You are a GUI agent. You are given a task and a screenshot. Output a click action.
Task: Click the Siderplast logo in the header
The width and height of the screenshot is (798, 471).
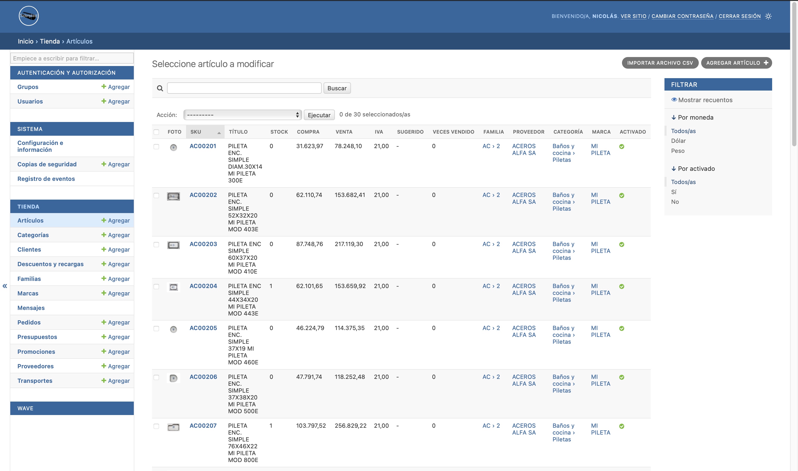pyautogui.click(x=28, y=16)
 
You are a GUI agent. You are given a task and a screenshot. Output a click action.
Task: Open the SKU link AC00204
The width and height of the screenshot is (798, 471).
pyautogui.click(x=203, y=286)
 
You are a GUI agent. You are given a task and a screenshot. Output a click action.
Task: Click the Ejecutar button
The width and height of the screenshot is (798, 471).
pyautogui.click(x=319, y=115)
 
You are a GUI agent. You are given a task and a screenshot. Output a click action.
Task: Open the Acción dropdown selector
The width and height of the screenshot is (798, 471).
pyautogui.click(x=242, y=115)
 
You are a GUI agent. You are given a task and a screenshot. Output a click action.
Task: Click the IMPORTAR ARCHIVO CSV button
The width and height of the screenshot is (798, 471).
pyautogui.click(x=660, y=63)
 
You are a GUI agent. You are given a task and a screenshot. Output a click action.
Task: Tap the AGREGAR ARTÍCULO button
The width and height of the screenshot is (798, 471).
pyautogui.click(x=737, y=63)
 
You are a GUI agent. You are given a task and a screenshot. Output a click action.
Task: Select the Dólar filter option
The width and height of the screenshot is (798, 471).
pyautogui.click(x=678, y=141)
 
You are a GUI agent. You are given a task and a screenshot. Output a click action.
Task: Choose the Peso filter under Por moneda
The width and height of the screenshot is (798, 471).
pyautogui.click(x=677, y=151)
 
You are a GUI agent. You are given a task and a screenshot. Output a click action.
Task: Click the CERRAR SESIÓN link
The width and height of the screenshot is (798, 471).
pyautogui.click(x=740, y=16)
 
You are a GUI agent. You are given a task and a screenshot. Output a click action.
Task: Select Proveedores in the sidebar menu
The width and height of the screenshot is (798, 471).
pyautogui.click(x=36, y=366)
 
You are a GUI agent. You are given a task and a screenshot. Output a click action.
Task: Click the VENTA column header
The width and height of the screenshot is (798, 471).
pyautogui.click(x=344, y=132)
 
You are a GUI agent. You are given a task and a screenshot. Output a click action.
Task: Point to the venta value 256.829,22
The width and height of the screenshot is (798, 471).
pyautogui.click(x=350, y=426)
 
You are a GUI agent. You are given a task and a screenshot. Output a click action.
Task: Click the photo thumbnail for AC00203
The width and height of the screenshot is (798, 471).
pyautogui.click(x=173, y=245)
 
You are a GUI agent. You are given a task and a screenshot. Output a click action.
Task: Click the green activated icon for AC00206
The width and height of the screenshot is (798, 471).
pyautogui.click(x=622, y=377)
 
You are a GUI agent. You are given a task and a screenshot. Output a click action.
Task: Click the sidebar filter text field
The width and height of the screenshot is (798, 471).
pyautogui.click(x=72, y=58)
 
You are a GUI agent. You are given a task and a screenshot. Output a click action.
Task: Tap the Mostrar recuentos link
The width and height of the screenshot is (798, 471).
pyautogui.click(x=702, y=100)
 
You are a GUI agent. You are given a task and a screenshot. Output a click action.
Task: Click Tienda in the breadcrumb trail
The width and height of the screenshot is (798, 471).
pyautogui.click(x=50, y=41)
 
